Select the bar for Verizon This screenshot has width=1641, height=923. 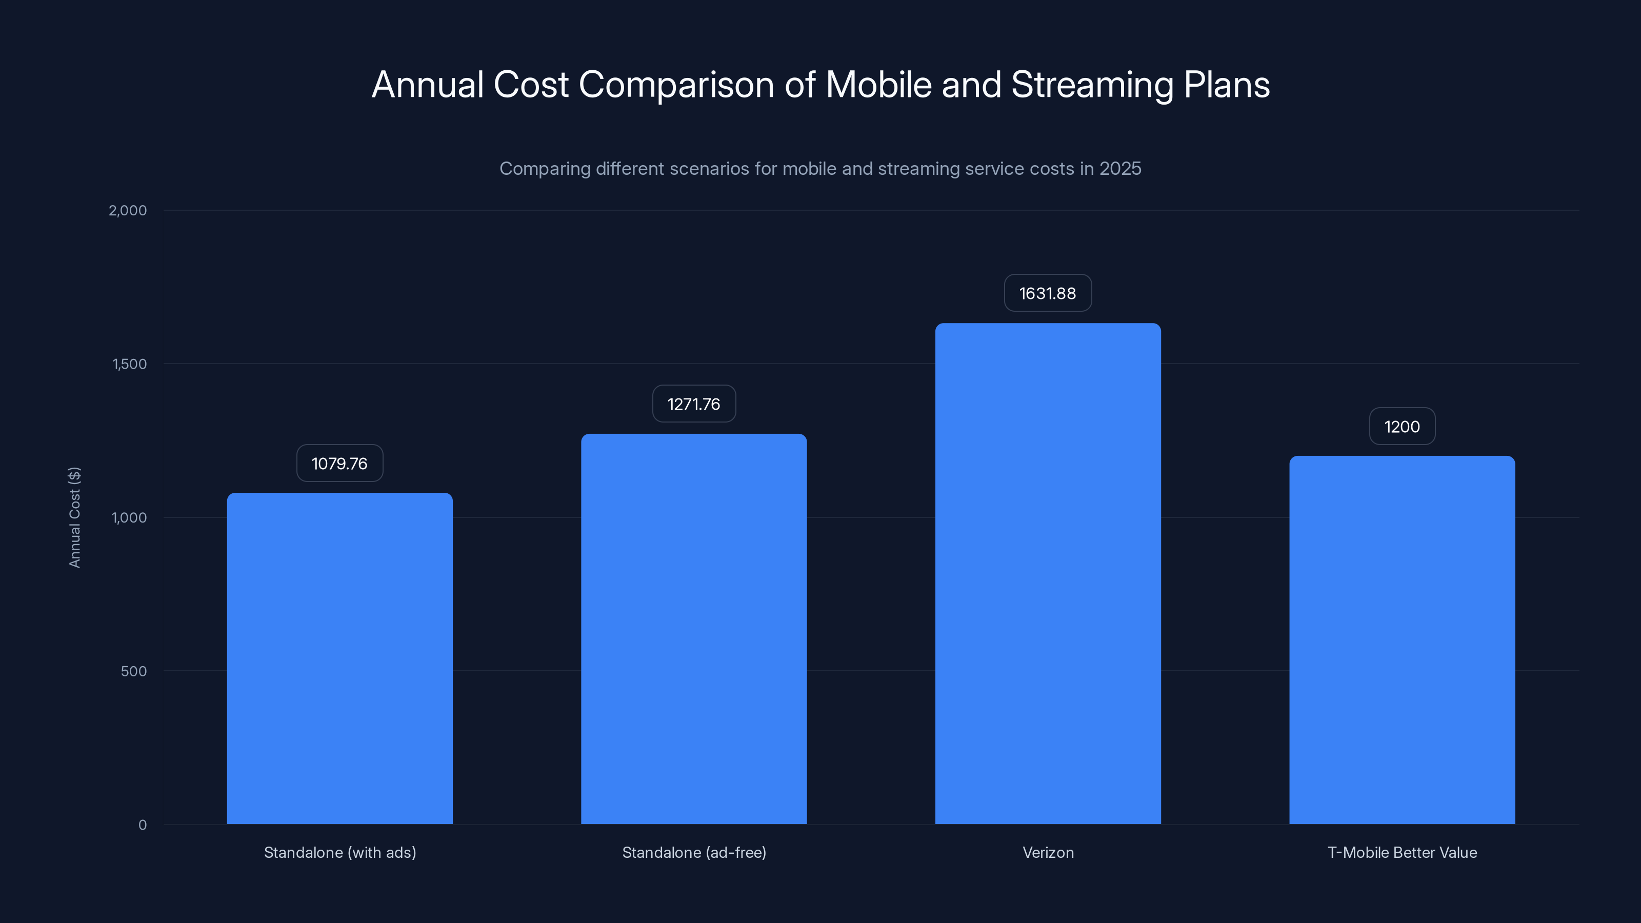click(x=1048, y=573)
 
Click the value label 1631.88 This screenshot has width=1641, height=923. click(x=1047, y=293)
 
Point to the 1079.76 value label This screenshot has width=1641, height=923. click(x=339, y=463)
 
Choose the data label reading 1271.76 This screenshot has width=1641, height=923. click(x=694, y=404)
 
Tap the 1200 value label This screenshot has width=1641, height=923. click(x=1402, y=426)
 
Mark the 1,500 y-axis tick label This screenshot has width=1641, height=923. click(x=129, y=364)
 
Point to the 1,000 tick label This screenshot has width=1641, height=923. click(x=129, y=517)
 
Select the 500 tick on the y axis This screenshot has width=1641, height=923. click(x=133, y=671)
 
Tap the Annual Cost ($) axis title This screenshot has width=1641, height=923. click(x=74, y=517)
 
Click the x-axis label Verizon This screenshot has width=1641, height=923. click(x=1048, y=852)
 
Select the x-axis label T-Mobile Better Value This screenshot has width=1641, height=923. click(x=1402, y=852)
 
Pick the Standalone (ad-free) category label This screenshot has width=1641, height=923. click(x=694, y=852)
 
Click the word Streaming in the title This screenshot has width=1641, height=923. click(x=1092, y=85)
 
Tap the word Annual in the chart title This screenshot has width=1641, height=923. click(x=428, y=85)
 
